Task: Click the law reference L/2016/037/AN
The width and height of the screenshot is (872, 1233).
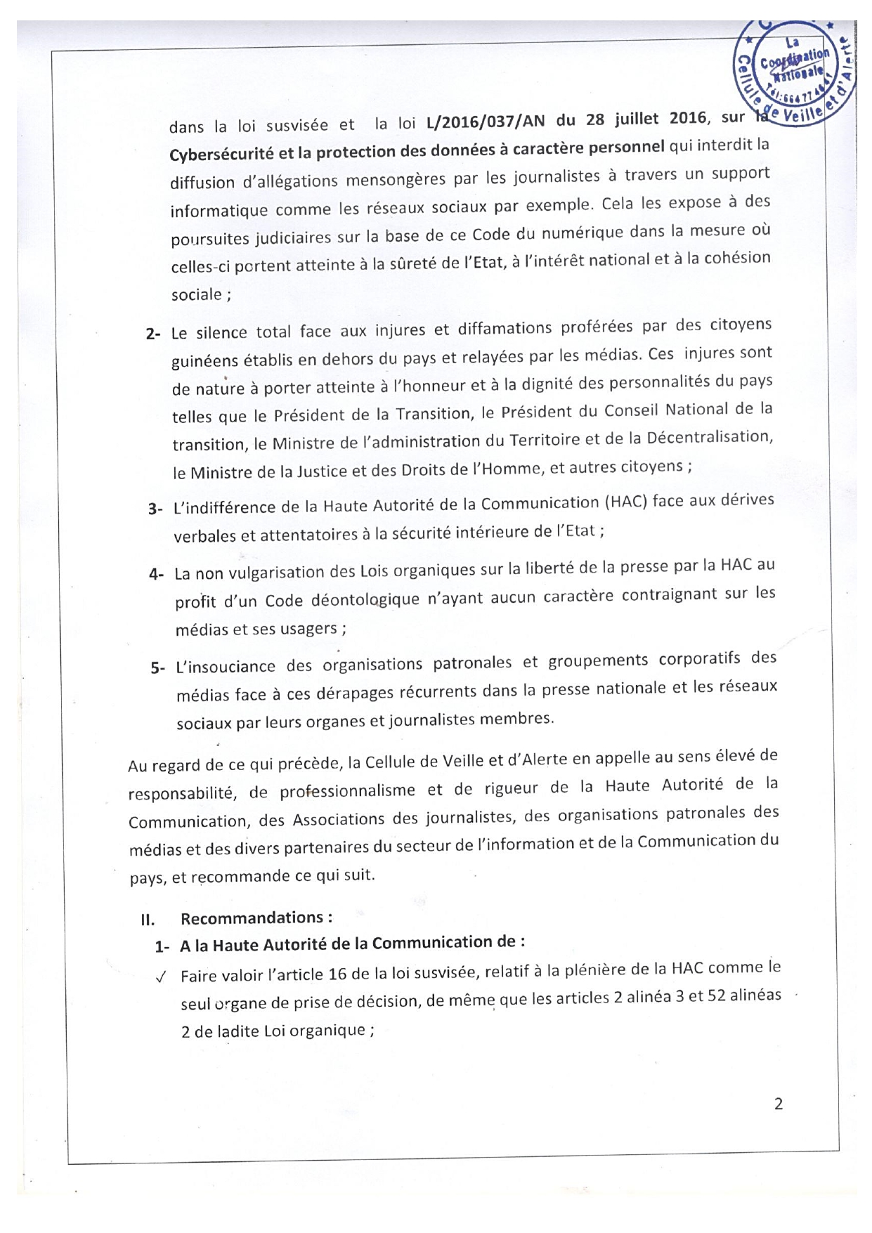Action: pyautogui.click(x=485, y=122)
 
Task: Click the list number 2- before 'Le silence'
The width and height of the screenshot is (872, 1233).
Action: pyautogui.click(x=153, y=334)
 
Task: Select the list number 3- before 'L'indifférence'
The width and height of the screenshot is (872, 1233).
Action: pyautogui.click(x=155, y=509)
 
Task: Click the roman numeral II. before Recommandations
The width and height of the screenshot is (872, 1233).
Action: pyautogui.click(x=148, y=920)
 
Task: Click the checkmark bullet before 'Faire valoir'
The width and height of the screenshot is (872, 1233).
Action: pyautogui.click(x=162, y=977)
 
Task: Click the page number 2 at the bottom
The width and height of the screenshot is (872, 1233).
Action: pyautogui.click(x=778, y=1104)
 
